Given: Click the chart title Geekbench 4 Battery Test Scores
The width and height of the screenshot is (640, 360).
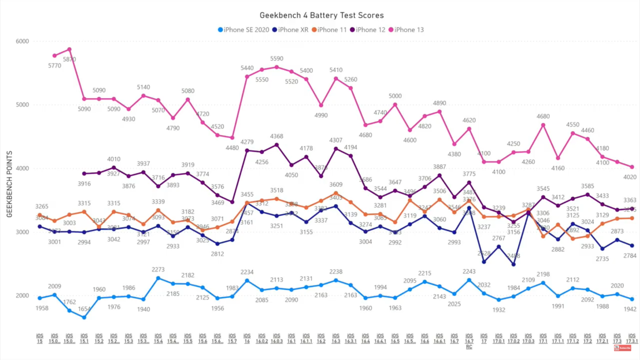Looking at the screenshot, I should coord(321,15).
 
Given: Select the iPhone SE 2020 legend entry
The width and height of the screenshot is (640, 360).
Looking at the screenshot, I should coord(243,30).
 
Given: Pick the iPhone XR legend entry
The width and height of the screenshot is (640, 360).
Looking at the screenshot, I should coord(290,30).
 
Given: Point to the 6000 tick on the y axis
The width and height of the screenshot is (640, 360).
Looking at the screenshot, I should coord(22,41).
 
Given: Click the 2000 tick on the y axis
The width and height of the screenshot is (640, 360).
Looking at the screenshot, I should coord(22,296).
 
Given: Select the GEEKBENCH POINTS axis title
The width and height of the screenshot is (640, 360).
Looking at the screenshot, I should coord(9,184).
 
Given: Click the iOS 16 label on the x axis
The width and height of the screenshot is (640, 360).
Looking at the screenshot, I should coord(247,338).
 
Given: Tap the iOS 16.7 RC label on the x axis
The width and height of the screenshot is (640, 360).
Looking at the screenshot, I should coord(469,341).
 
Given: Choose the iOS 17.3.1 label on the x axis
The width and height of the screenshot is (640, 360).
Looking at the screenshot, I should coord(632,338).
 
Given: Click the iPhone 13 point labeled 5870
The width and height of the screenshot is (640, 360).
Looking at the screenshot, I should coord(69,49).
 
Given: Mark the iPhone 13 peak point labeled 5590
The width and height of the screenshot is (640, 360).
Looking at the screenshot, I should coord(277,67).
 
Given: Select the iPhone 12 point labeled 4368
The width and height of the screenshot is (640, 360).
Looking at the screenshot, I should coord(277,145).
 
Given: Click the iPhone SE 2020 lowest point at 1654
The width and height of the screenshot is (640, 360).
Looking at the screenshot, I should coord(84,317).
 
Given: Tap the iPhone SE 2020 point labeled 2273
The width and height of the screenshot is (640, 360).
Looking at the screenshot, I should coord(158,278).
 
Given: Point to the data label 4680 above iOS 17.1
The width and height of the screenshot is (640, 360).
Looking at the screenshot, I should coord(543,116).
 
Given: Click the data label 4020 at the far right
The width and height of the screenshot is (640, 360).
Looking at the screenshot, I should coord(630,177).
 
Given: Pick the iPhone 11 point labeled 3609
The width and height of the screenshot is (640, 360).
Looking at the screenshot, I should coord(336,193).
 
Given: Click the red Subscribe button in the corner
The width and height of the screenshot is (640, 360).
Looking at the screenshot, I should coord(622,348).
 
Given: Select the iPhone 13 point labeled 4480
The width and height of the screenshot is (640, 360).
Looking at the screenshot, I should coord(232,138).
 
